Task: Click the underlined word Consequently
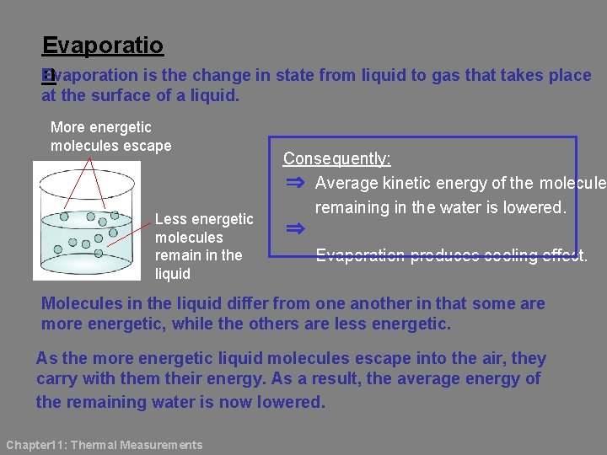tap(336, 158)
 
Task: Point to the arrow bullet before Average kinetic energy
tap(294, 183)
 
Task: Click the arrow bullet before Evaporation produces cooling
tap(294, 228)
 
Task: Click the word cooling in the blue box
tap(509, 256)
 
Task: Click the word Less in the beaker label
tap(170, 219)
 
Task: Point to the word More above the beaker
tap(67, 127)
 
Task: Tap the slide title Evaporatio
tap(103, 45)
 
